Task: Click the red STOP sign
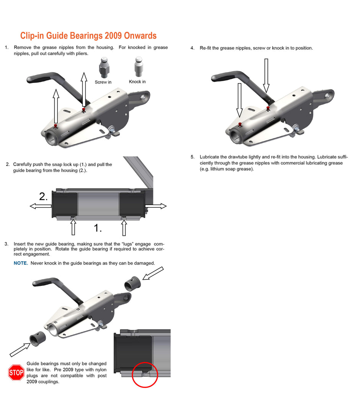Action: point(16,372)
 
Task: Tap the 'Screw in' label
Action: point(103,82)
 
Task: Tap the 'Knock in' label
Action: point(137,82)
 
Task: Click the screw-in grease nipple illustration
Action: point(104,67)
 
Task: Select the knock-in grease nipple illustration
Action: point(139,67)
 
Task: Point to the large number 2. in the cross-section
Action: point(43,197)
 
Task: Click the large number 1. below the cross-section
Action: point(97,228)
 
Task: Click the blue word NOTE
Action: point(21,263)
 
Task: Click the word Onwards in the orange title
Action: point(140,36)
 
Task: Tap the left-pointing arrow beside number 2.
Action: point(41,206)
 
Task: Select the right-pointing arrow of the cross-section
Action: point(155,206)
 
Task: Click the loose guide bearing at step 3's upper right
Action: point(133,284)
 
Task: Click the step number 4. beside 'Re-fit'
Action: point(192,48)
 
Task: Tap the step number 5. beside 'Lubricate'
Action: point(192,157)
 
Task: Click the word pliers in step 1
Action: point(82,54)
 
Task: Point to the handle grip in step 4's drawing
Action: point(227,77)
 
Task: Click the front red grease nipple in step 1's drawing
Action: point(56,126)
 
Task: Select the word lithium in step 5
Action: point(217,169)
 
